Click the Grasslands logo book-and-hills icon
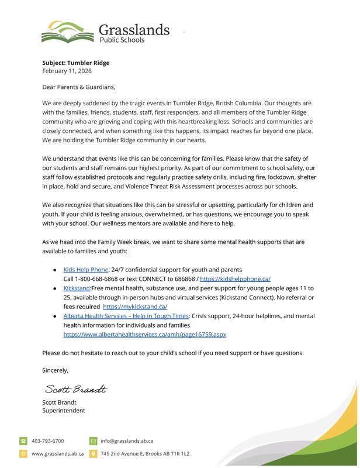pos(67,32)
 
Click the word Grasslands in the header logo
pos(134,29)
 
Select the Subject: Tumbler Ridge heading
pos(75,63)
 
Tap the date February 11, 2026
pos(67,71)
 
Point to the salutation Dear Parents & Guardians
pos(78,87)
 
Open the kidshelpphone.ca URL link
pos(235,279)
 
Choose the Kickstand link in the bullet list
pos(76,288)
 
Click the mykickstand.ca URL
pos(135,307)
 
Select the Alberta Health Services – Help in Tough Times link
pos(126,316)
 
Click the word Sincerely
pos(55,370)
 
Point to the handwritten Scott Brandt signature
pos(75,390)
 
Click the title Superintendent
pos(64,411)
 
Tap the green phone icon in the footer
pos(23,441)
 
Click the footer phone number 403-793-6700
pos(48,441)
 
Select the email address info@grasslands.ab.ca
pos(127,441)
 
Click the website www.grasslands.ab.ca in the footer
pos(57,453)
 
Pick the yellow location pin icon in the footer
pos(93,453)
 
